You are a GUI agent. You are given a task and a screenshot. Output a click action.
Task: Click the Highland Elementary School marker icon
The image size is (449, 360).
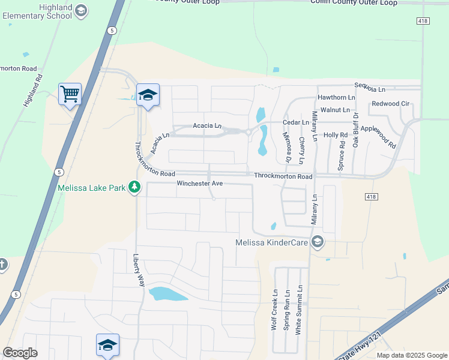81,11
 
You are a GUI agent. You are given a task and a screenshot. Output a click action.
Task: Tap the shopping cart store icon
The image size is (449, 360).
70,94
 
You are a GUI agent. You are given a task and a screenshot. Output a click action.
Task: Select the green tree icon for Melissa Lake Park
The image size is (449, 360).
134,188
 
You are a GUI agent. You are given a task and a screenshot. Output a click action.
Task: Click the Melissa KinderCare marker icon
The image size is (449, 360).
318,242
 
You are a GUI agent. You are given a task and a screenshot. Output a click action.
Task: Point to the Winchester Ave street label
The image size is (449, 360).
200,183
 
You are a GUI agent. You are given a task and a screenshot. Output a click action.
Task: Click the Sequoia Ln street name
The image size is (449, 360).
370,89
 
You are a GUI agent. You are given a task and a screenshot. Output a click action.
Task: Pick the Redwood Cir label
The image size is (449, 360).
390,104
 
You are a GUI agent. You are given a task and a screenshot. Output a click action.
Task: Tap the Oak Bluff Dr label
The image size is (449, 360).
355,129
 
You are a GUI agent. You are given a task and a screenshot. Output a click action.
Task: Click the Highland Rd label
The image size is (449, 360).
34,90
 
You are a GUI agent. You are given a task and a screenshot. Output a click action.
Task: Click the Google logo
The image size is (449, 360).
20,353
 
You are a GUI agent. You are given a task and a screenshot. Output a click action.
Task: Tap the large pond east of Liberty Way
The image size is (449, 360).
168,294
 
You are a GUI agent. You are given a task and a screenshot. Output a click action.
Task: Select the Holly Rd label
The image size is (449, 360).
336,135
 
